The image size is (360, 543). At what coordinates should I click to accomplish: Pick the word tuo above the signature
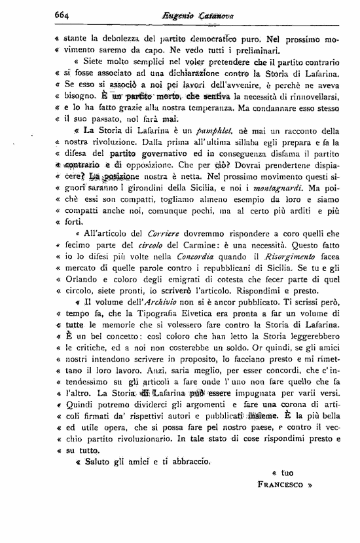(x=286, y=472)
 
